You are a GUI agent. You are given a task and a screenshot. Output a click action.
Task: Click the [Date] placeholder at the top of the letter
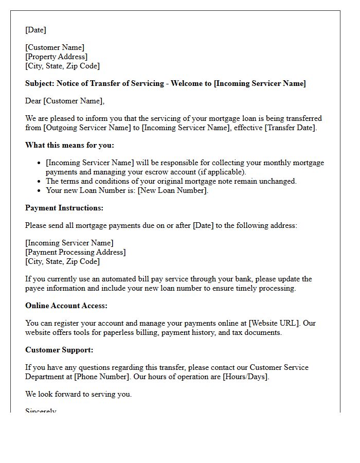35,30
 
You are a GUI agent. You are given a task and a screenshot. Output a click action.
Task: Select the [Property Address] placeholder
56,57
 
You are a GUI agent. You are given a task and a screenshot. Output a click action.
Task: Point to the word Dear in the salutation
33,101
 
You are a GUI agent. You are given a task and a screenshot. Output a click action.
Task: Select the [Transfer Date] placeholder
291,128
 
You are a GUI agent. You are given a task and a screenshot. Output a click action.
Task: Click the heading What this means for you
69,145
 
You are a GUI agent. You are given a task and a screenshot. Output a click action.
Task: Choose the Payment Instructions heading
64,208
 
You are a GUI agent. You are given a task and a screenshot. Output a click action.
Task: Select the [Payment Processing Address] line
76,252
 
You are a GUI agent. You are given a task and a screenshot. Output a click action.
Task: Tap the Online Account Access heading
66,306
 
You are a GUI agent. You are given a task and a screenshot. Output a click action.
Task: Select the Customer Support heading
59,350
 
